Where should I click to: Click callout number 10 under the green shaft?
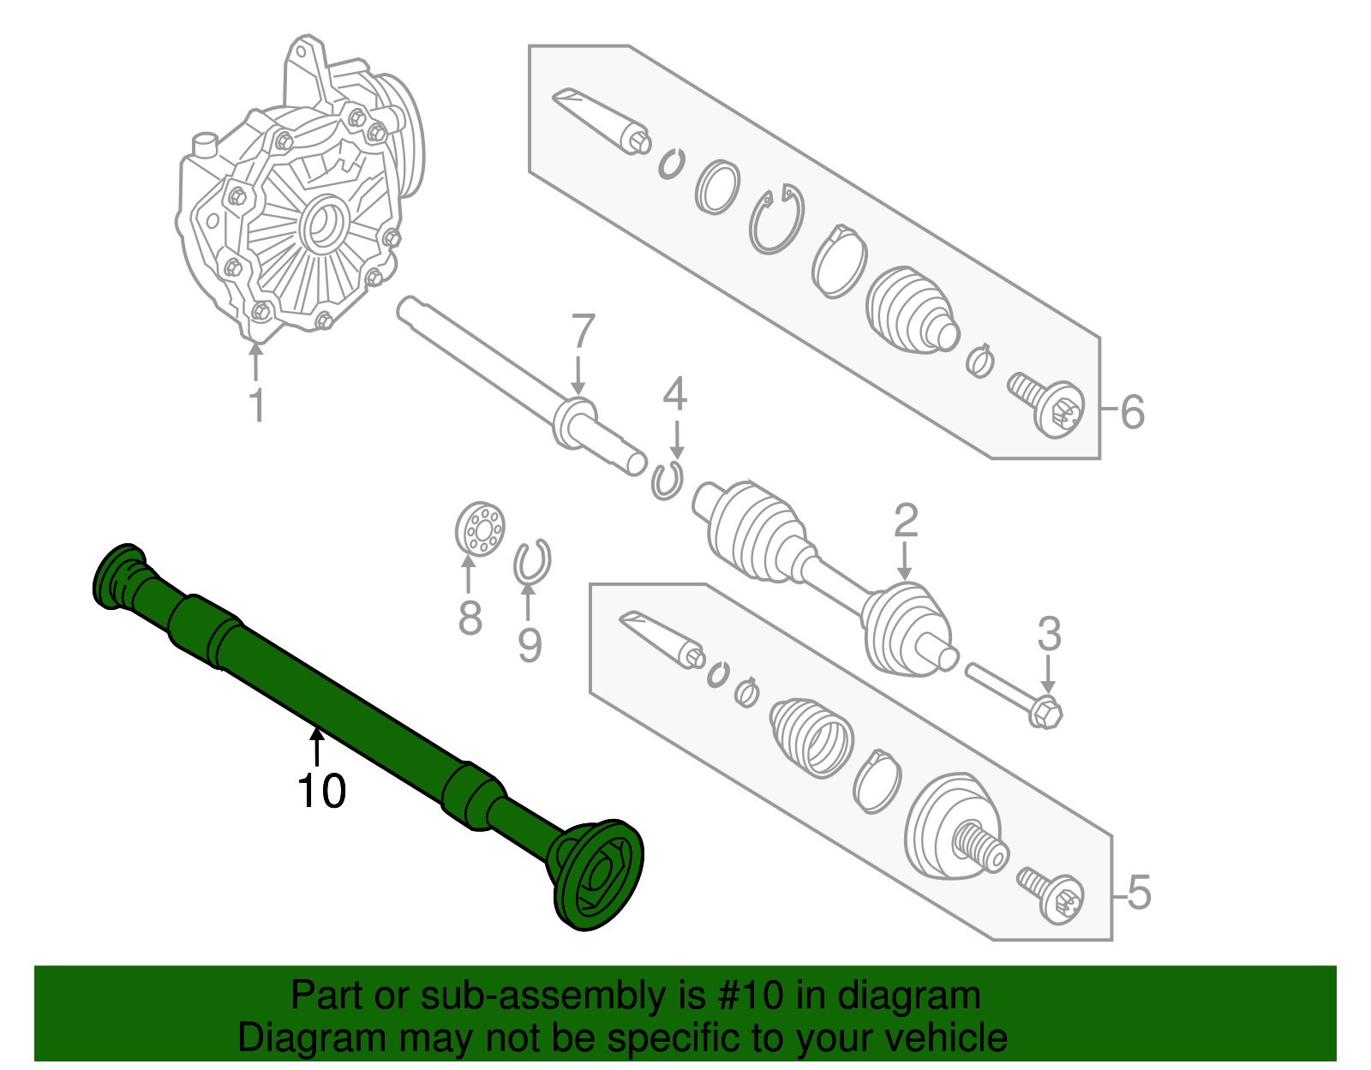point(321,791)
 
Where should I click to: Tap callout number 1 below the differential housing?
point(256,404)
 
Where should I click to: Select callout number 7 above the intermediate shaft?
point(582,332)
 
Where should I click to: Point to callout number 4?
point(675,394)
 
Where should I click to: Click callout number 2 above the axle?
point(906,520)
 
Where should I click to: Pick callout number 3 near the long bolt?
point(1049,635)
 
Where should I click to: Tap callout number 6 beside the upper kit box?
point(1132,412)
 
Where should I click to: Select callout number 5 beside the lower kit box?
point(1139,893)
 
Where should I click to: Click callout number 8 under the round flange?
point(470,617)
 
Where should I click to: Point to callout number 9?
point(530,644)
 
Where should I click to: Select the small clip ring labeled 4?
point(666,480)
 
